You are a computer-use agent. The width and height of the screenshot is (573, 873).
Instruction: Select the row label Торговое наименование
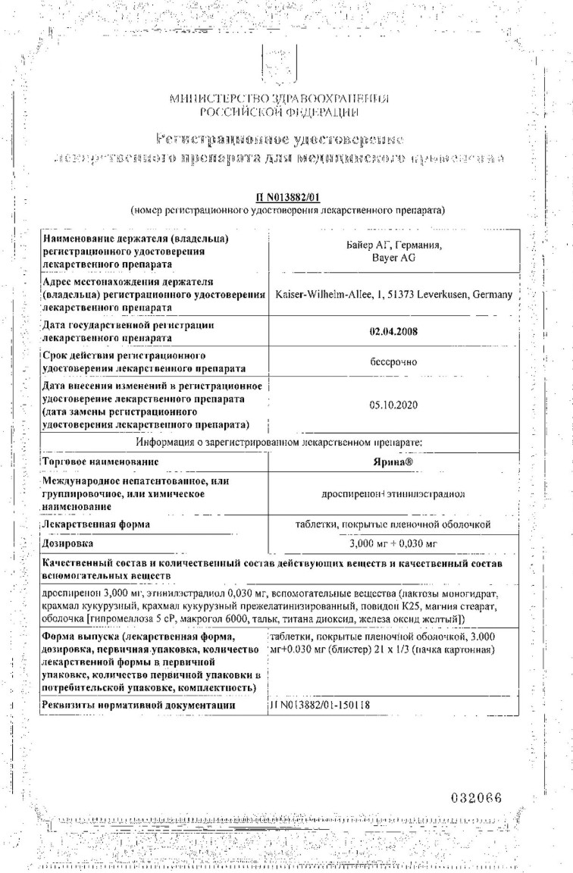[x=101, y=461]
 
